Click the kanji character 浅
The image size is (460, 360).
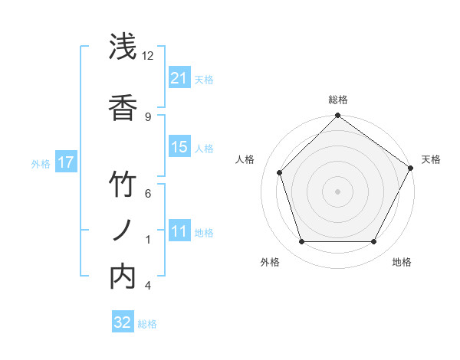tap(123, 47)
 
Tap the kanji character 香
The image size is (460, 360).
tap(123, 107)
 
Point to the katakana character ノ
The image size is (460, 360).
tap(123, 230)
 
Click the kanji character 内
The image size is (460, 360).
tap(123, 276)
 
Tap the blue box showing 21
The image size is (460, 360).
tap(179, 78)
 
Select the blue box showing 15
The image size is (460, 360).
tap(179, 147)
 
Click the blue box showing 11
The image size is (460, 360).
tap(179, 231)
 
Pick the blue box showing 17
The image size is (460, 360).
tap(65, 162)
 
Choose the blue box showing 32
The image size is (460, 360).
tap(123, 322)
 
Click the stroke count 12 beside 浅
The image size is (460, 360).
tap(148, 56)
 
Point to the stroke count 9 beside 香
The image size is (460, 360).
tap(148, 116)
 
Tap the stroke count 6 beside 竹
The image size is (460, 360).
tap(148, 193)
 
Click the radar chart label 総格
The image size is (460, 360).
tap(338, 100)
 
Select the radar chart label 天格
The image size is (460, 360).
tap(431, 159)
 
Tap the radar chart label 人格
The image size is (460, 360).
tap(245, 159)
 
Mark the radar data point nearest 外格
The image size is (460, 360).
tap(301, 242)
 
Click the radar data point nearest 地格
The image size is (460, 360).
tap(374, 242)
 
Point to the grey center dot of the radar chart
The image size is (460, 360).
tap(337, 191)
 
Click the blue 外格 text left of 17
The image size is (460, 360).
tap(41, 163)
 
